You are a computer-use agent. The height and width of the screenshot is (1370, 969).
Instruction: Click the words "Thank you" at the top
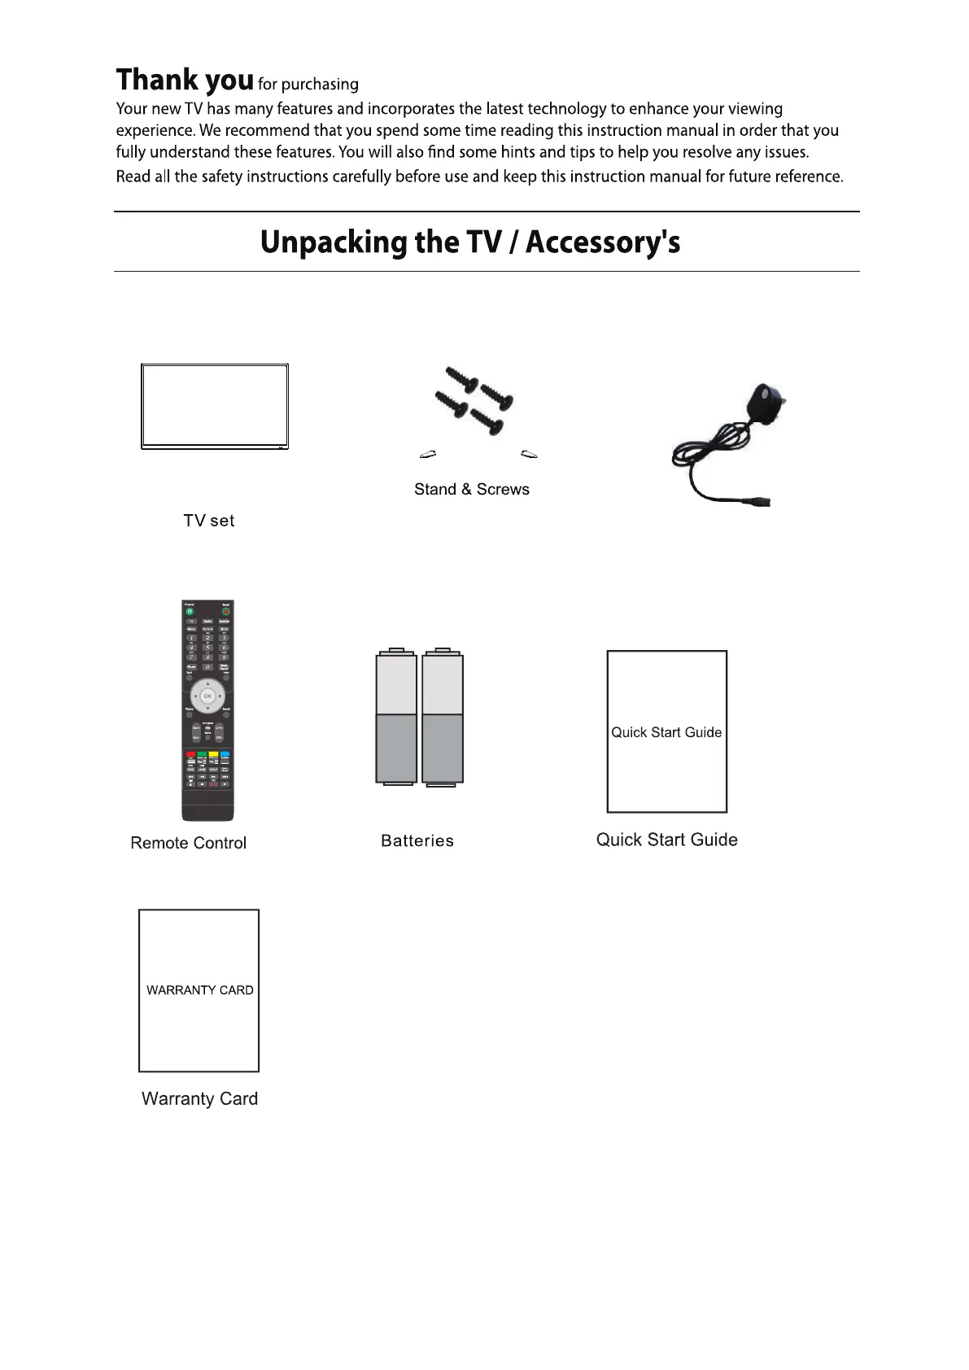pos(185,81)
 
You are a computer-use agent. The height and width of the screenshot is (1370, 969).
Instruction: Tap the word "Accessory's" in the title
pos(603,242)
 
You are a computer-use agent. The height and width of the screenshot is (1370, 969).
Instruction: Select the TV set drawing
pos(215,406)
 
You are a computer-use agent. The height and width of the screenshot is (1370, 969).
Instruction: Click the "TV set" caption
pos(209,521)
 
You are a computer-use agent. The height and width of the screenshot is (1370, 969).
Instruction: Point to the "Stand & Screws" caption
pos(471,489)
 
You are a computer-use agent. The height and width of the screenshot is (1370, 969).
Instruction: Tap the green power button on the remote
pos(189,611)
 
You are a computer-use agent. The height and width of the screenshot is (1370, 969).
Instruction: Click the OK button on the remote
pos(207,696)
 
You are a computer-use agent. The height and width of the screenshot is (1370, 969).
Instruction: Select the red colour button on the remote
pos(190,755)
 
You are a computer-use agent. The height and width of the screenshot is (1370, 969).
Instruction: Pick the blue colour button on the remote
pos(225,755)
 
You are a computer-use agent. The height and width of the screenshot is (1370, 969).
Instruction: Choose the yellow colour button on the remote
pos(213,755)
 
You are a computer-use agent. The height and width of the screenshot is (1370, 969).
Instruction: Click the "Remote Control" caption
pos(188,843)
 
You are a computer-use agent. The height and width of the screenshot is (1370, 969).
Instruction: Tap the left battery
pos(396,717)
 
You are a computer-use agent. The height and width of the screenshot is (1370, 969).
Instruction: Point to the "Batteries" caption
pos(417,840)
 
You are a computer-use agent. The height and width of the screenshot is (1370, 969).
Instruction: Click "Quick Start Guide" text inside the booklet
pos(666,732)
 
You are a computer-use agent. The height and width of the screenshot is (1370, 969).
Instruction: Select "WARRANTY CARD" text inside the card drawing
pos(199,990)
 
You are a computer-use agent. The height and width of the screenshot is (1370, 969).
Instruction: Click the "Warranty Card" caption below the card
pos(199,1098)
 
